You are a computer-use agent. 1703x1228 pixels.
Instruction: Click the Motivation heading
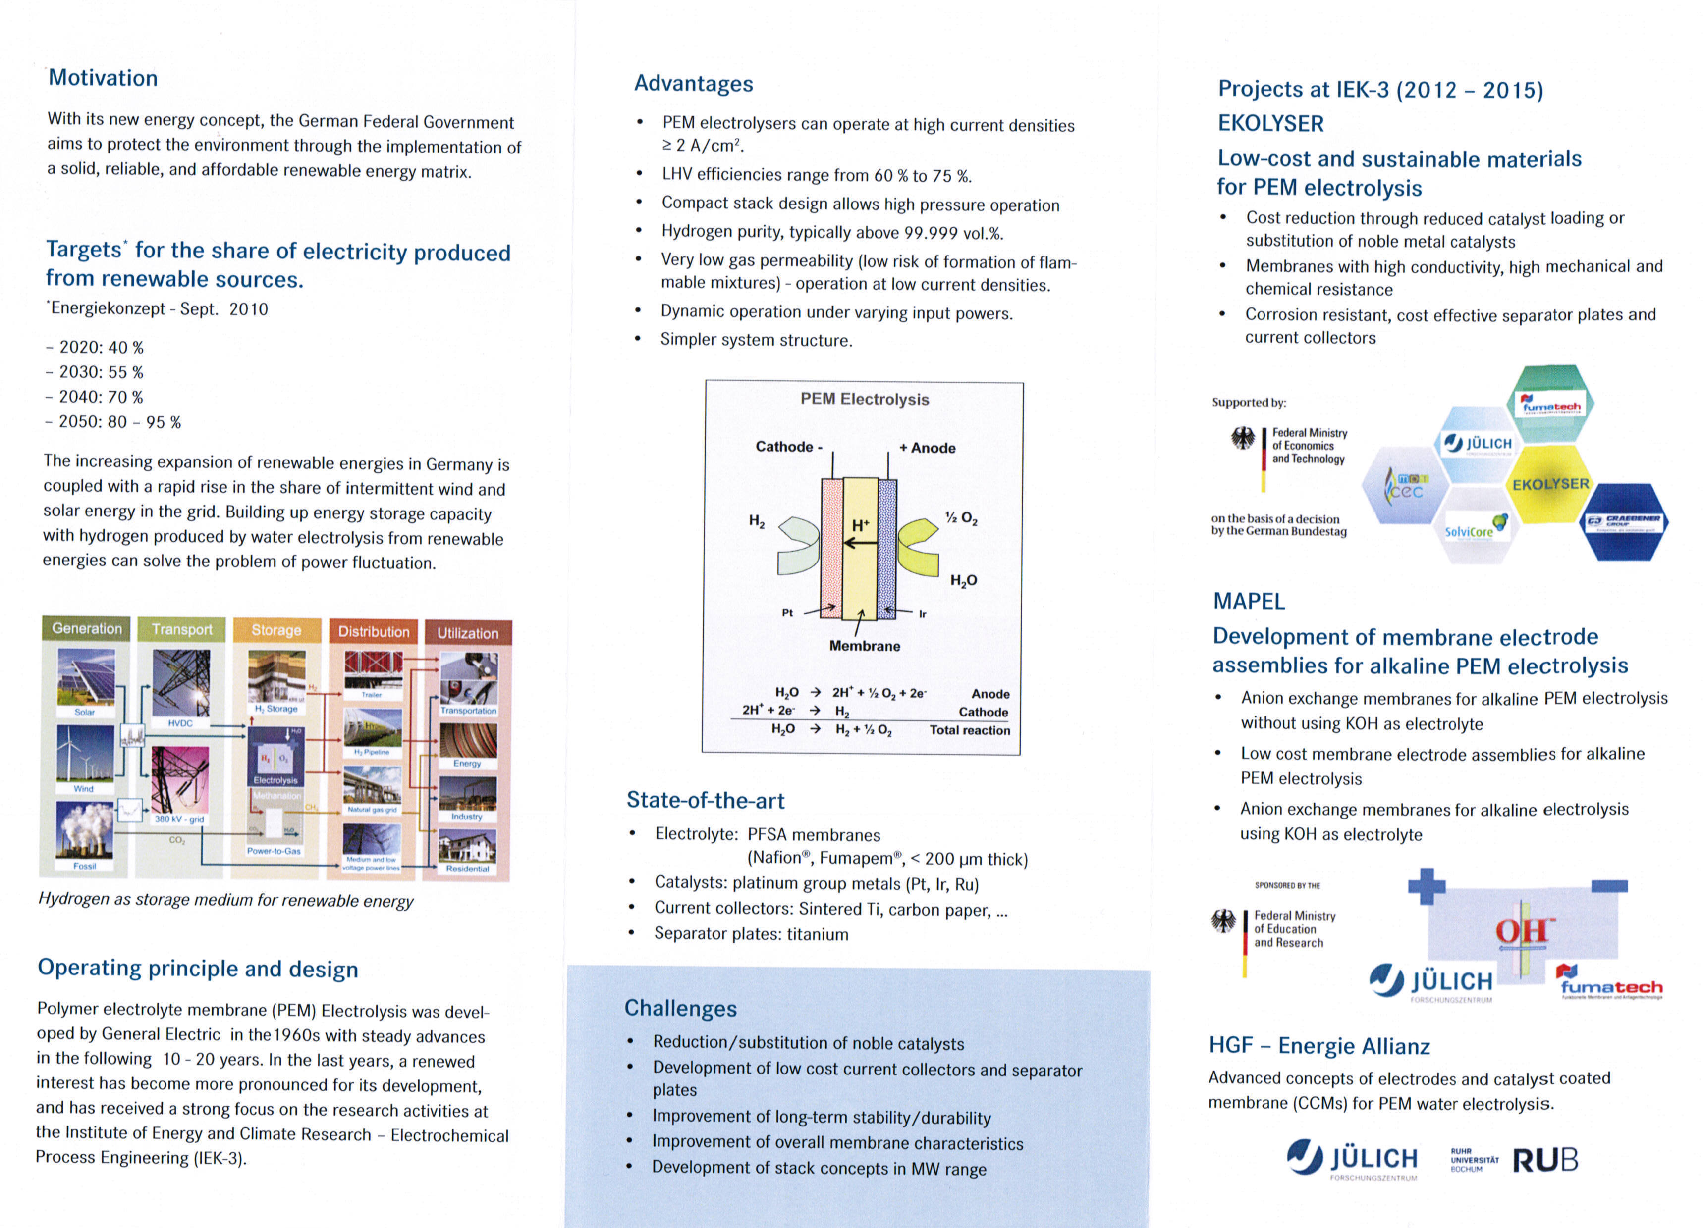(103, 78)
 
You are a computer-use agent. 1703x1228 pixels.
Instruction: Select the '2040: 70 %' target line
(101, 397)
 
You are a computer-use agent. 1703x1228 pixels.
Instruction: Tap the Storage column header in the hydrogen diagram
(275, 630)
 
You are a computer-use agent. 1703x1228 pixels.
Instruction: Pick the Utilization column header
(467, 633)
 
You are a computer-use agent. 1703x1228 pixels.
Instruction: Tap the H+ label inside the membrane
(861, 525)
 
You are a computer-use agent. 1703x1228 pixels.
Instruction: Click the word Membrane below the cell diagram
(864, 646)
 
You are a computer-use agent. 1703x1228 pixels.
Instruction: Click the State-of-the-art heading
(705, 801)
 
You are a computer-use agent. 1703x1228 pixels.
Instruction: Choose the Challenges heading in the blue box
(680, 1008)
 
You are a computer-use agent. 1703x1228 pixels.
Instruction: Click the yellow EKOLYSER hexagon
(1550, 485)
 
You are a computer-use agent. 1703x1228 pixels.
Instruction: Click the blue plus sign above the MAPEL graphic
(1427, 886)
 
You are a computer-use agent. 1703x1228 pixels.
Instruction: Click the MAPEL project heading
(1249, 601)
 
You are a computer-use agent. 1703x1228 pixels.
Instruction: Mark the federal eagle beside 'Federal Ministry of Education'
(1223, 921)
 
